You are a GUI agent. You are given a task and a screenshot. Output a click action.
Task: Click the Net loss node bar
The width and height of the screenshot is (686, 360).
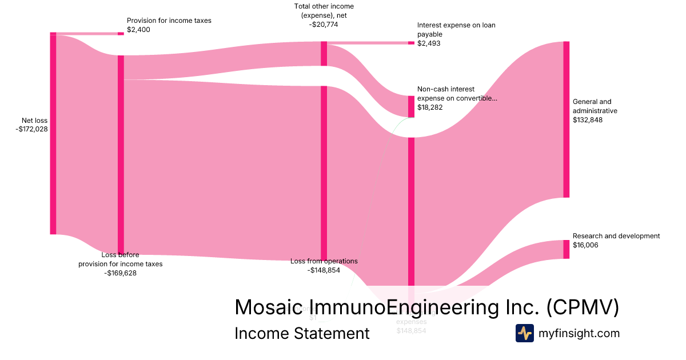click(x=53, y=134)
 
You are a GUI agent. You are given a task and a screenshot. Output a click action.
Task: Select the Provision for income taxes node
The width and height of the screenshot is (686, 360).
click(x=121, y=34)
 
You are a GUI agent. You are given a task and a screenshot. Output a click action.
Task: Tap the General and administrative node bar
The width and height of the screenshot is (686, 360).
click(x=566, y=119)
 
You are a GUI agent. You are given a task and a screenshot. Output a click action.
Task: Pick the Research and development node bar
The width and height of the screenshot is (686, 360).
click(x=566, y=249)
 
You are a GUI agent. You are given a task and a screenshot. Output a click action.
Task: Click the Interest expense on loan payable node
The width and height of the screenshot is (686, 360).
click(x=411, y=43)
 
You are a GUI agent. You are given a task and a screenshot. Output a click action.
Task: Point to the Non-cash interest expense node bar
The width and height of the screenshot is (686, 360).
click(x=411, y=106)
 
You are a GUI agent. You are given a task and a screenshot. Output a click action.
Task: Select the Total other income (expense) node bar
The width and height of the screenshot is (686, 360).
click(x=324, y=54)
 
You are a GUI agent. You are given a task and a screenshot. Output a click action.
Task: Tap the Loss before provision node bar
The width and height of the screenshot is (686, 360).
click(x=121, y=154)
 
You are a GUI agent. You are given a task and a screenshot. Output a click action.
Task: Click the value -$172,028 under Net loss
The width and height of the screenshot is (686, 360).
click(x=32, y=129)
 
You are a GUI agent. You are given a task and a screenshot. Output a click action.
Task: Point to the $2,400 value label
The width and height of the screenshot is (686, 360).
click(x=138, y=30)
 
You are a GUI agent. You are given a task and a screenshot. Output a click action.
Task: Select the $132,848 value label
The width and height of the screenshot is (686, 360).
click(x=587, y=120)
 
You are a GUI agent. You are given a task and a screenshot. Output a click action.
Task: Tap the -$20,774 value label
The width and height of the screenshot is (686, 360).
click(x=324, y=25)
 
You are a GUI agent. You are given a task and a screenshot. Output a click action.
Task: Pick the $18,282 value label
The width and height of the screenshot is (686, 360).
click(x=429, y=107)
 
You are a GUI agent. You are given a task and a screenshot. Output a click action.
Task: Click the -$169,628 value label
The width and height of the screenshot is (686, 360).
click(x=120, y=273)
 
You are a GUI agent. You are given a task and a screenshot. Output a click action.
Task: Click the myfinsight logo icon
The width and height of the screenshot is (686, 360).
click(x=524, y=333)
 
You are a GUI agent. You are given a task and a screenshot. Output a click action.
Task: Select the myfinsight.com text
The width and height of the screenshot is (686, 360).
click(x=579, y=333)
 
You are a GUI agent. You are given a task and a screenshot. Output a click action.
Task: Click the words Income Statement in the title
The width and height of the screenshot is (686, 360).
click(x=302, y=333)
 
